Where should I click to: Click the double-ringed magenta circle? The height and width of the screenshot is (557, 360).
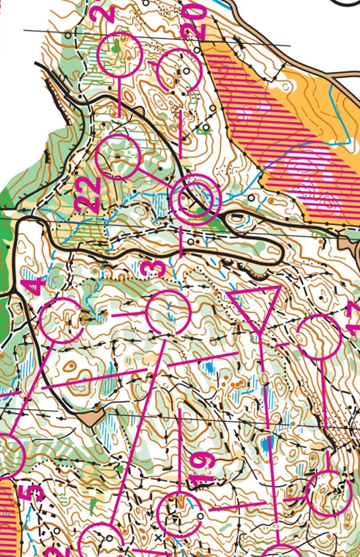[196, 198]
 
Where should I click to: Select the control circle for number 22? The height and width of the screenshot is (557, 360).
[118, 157]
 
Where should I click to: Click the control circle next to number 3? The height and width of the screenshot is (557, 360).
[168, 312]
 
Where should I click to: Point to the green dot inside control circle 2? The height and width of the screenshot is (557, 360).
[118, 48]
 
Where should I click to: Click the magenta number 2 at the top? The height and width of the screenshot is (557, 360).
[107, 13]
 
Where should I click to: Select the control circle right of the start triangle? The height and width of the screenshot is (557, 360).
[319, 337]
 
